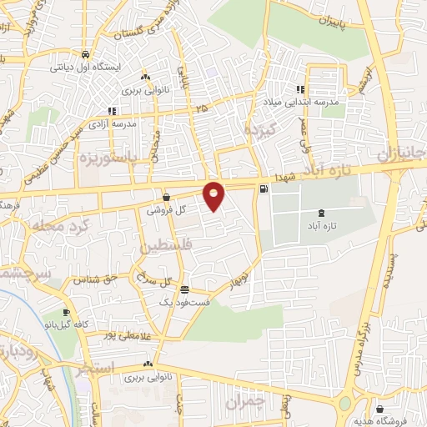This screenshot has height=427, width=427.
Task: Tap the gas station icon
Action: [x=264, y=188]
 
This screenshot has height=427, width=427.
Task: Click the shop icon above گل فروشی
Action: [x=167, y=198]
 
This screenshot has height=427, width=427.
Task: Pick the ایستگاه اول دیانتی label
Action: [x=95, y=65]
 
